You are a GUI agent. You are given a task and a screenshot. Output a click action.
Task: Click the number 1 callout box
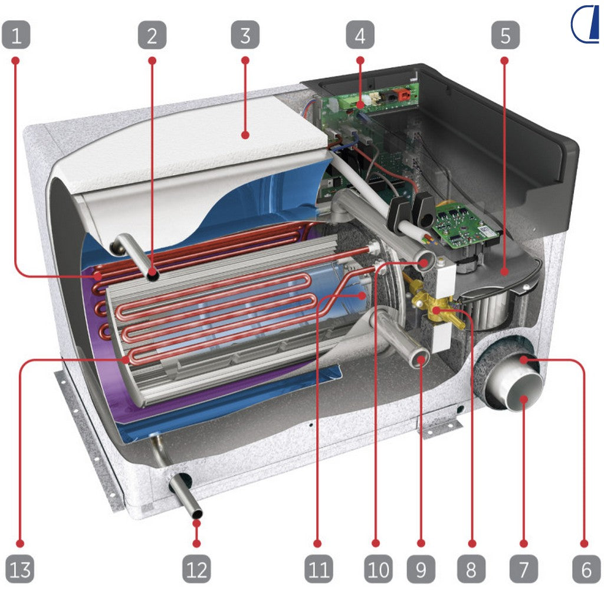point(16,35)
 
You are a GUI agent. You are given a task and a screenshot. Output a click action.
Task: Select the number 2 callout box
point(152,35)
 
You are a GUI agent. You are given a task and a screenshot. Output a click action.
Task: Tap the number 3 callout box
point(245,35)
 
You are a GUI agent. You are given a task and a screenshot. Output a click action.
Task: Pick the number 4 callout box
point(360,35)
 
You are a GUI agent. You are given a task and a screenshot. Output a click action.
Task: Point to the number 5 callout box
point(505,35)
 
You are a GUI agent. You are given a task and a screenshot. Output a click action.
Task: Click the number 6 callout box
point(586,569)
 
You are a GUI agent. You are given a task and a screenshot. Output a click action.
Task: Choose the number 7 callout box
point(524,569)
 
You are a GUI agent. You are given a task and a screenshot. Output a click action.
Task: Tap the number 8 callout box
point(471,569)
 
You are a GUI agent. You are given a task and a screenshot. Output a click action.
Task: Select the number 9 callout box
point(421,569)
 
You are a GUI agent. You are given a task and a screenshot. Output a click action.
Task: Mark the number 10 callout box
point(378,569)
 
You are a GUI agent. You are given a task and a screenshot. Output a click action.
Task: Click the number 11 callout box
point(319,569)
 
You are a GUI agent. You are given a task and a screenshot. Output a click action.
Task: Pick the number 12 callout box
point(196,569)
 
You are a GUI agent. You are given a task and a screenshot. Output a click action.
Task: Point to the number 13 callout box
point(20,569)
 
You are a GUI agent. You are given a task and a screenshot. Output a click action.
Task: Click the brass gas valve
point(434,306)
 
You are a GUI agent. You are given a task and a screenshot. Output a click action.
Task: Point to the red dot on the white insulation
point(245,135)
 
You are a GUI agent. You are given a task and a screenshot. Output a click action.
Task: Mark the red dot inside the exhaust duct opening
point(524,399)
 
